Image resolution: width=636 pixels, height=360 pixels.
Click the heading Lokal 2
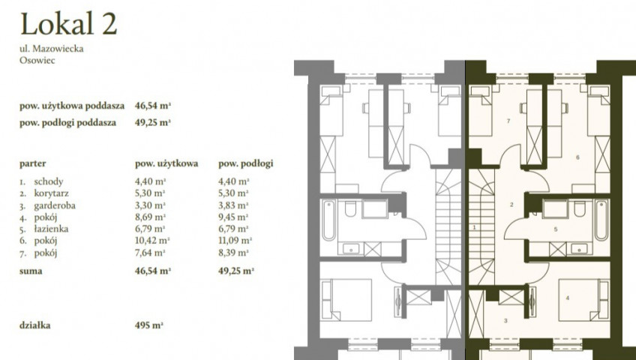(x=68, y=24)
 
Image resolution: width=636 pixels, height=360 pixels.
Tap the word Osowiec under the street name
(x=37, y=61)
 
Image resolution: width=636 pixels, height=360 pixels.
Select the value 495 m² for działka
(x=148, y=325)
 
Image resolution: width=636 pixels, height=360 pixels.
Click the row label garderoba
(x=55, y=205)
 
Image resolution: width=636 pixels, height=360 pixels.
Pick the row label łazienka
(x=51, y=229)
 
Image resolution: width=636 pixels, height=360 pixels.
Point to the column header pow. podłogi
(x=246, y=163)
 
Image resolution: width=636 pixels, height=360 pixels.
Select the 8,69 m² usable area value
(x=150, y=217)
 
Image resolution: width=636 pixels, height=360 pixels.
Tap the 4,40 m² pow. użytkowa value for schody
(x=151, y=181)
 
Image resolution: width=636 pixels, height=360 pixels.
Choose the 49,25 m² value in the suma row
(x=236, y=271)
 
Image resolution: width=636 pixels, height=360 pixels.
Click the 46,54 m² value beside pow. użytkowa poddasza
(x=153, y=106)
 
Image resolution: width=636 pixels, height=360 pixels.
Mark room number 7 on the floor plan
(x=508, y=121)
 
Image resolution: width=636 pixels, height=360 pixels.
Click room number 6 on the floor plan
(x=577, y=157)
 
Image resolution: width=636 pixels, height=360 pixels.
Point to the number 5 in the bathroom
(x=556, y=229)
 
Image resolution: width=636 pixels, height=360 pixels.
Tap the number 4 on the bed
(x=568, y=298)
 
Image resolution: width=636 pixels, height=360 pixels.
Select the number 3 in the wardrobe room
(x=505, y=321)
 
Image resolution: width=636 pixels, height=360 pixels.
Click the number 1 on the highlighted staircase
(x=474, y=227)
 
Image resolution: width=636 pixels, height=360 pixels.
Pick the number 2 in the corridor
(x=511, y=205)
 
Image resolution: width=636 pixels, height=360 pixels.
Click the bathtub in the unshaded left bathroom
(x=328, y=220)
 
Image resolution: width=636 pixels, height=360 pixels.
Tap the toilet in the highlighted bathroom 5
(x=579, y=208)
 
